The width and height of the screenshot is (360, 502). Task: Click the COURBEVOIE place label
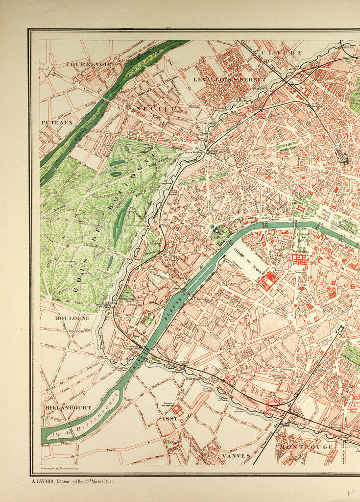(x=89, y=64)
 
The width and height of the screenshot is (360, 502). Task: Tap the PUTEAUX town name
(x=57, y=122)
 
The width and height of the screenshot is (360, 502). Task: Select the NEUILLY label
(x=159, y=108)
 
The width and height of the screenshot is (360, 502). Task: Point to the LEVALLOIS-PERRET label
(x=230, y=79)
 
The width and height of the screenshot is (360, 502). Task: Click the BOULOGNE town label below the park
(x=72, y=318)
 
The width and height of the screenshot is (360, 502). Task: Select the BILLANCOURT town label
(x=68, y=407)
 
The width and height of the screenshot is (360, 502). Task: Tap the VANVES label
(x=236, y=456)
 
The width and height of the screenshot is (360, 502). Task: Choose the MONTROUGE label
(x=308, y=447)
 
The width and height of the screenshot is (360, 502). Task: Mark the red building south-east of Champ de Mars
(x=268, y=281)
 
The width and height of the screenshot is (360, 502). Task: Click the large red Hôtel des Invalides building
(x=300, y=260)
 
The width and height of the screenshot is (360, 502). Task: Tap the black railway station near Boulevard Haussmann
(x=343, y=157)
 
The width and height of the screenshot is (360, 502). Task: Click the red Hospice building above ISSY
(x=177, y=410)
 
